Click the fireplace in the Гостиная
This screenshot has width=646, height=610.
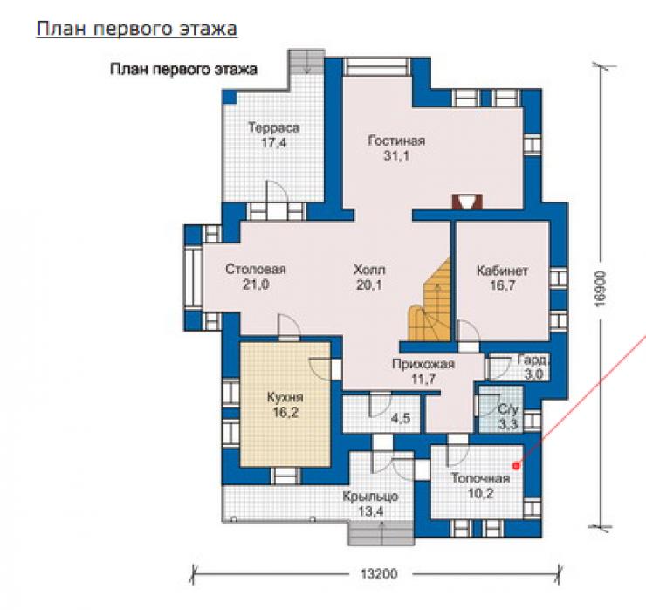(x=467, y=202)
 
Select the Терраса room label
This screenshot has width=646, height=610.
(x=273, y=128)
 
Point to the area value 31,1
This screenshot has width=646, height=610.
(x=396, y=155)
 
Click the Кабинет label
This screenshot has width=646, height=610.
(x=502, y=271)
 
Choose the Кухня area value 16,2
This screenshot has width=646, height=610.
(x=285, y=412)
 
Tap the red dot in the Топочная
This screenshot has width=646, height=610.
(x=515, y=466)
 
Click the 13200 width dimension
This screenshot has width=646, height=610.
(x=379, y=573)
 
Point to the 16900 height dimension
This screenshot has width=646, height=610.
(x=601, y=288)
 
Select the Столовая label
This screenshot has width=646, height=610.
(x=256, y=270)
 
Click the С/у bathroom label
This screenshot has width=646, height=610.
(x=508, y=409)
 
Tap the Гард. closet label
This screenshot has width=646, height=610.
(x=533, y=360)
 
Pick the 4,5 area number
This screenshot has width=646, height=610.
(x=401, y=419)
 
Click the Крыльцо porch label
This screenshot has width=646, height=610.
(x=370, y=497)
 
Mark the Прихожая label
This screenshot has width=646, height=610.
(x=423, y=364)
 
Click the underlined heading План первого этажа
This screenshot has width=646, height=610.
(x=137, y=30)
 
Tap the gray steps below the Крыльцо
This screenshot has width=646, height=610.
(x=381, y=533)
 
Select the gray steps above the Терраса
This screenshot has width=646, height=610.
(x=306, y=62)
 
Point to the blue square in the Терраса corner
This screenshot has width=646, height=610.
(x=230, y=97)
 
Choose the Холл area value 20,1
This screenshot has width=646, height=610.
(x=369, y=284)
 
